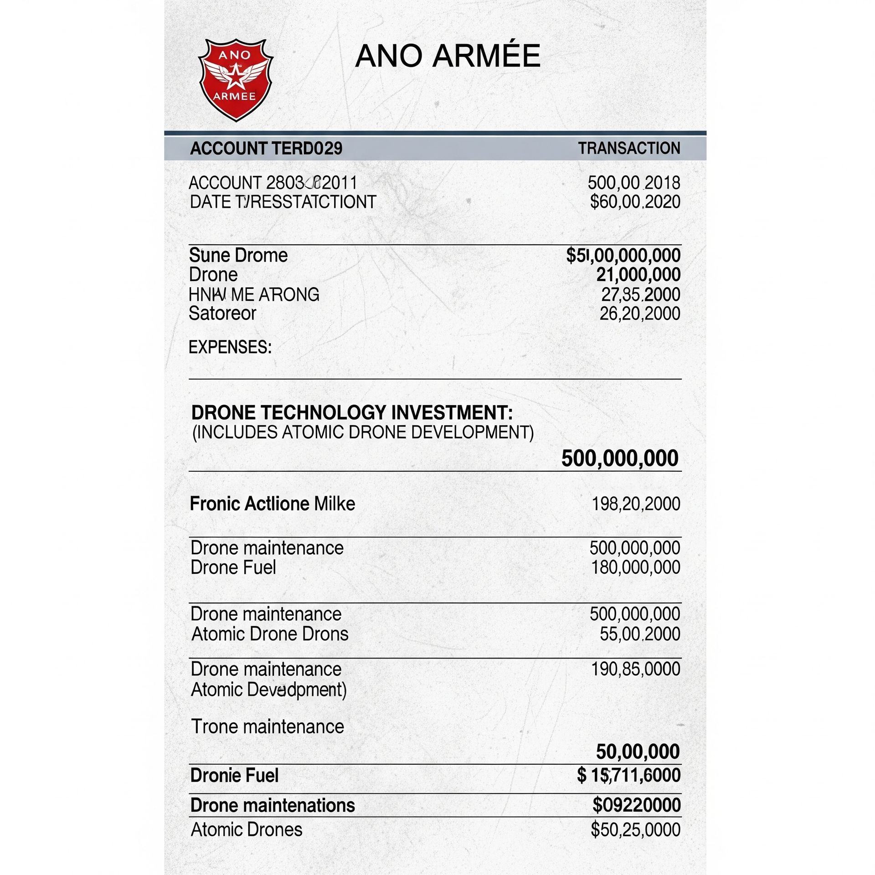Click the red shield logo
click(236, 80)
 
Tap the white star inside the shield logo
click(235, 77)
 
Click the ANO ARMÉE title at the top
click(448, 56)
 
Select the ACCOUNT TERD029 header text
click(266, 149)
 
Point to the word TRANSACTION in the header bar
click(629, 149)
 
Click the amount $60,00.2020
click(635, 202)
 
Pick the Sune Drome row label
click(238, 255)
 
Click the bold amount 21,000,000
click(638, 275)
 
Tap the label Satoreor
click(222, 314)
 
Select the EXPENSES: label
click(230, 347)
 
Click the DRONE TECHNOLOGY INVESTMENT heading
click(352, 413)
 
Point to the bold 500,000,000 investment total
click(620, 458)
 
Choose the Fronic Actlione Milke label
click(272, 504)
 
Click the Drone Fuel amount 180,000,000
click(635, 567)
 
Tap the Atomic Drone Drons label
click(270, 634)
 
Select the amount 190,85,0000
click(635, 669)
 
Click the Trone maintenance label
click(268, 726)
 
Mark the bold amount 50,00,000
click(638, 751)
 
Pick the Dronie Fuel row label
click(234, 775)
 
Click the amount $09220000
click(636, 805)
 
